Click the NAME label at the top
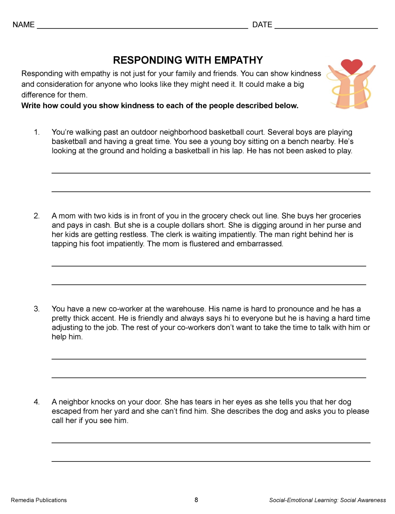[24, 25]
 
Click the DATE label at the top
[262, 25]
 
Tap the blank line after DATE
[326, 27]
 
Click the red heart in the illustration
[352, 66]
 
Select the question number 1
[37, 132]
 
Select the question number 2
[37, 216]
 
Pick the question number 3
[37, 309]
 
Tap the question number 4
[37, 402]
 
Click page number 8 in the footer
[196, 500]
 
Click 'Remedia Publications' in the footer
[39, 500]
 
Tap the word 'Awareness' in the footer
[372, 500]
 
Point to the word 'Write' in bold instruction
[31, 106]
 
